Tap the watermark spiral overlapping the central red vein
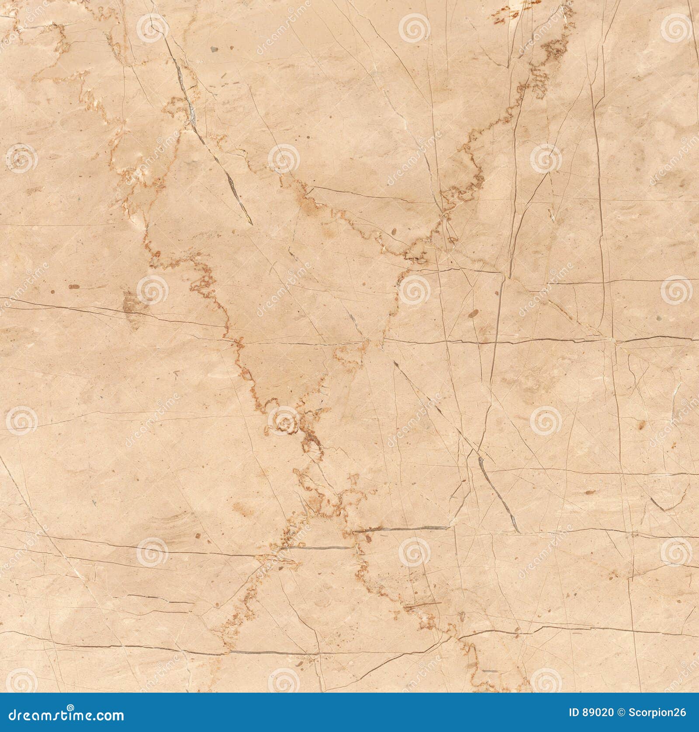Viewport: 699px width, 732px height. (283, 421)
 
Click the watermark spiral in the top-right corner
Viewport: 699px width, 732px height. (676, 27)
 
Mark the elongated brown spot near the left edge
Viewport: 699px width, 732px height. (74, 287)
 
